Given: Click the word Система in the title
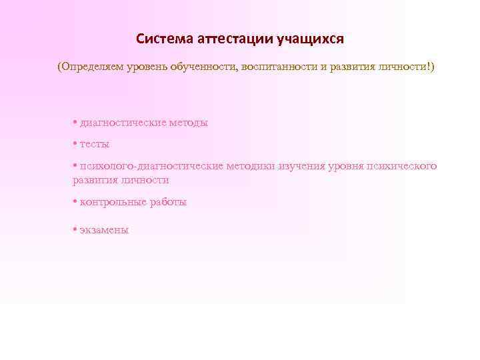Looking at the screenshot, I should [x=163, y=39].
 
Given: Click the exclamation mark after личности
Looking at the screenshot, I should [x=429, y=68].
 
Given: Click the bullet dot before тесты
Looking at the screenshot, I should [x=75, y=143].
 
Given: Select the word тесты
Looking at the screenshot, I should [x=95, y=144].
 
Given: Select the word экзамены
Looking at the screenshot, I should [x=104, y=230].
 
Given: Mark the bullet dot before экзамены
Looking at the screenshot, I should [x=75, y=229].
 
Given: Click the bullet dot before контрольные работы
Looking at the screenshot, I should [x=75, y=201].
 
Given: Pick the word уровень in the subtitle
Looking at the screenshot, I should [x=147, y=68].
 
